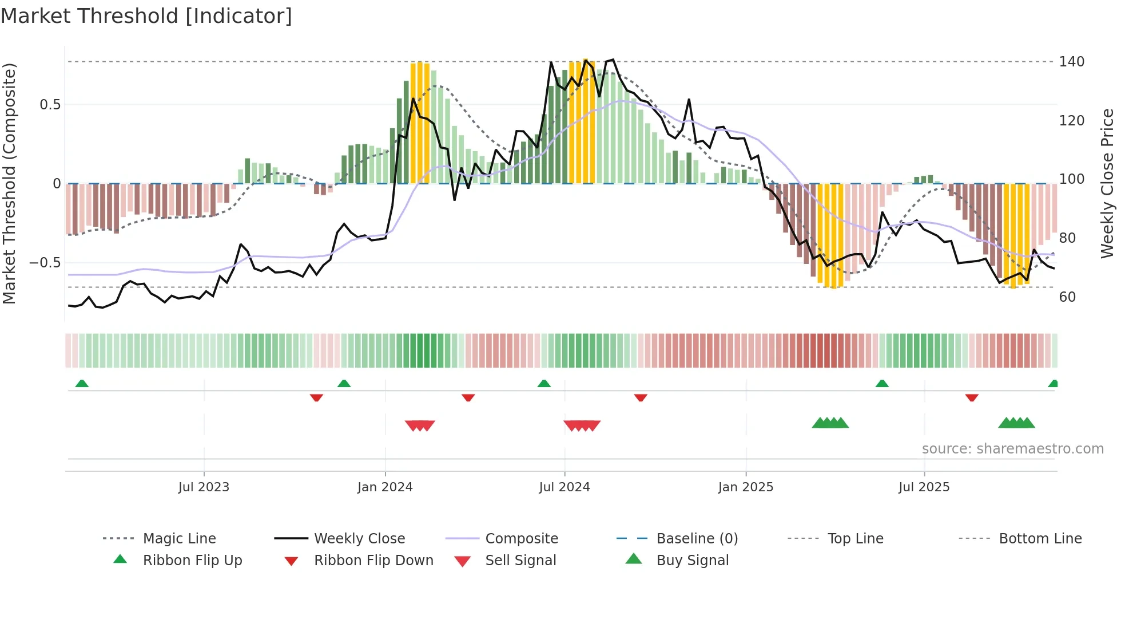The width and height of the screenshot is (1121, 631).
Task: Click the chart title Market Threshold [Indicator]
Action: [146, 16]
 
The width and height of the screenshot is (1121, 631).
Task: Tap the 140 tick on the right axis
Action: [1071, 62]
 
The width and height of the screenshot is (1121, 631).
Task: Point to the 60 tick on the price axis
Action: [1067, 297]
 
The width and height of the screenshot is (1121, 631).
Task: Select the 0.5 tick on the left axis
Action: [50, 105]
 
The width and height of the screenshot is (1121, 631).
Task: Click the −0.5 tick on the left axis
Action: [45, 263]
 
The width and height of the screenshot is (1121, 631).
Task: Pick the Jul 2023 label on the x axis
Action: [204, 487]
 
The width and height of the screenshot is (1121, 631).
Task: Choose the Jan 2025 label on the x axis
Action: [745, 487]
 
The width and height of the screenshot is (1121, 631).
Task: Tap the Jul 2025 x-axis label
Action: [924, 487]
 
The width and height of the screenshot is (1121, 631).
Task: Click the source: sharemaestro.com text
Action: [1012, 449]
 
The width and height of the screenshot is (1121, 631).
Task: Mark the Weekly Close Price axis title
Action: [1107, 183]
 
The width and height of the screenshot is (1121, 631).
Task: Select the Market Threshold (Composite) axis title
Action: [9, 183]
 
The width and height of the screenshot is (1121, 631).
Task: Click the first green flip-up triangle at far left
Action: [82, 384]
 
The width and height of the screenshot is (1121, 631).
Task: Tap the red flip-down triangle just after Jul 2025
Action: [972, 397]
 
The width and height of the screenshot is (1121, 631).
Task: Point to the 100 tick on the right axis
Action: [1071, 179]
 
